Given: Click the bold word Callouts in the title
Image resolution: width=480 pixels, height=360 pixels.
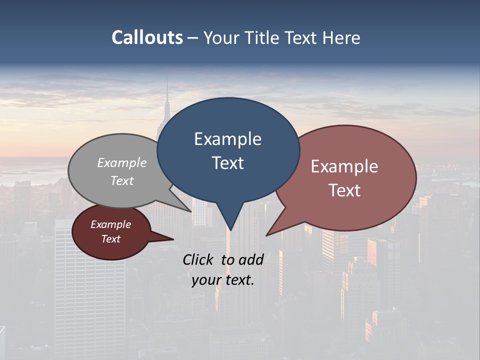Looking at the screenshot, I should [147, 37].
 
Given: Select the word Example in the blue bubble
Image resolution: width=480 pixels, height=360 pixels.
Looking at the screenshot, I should [227, 139].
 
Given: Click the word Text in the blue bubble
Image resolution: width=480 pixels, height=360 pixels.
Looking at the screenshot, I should [227, 163].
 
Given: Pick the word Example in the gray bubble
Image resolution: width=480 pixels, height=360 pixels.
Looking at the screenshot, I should [122, 162].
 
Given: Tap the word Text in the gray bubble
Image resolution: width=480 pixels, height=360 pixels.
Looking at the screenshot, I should [122, 180].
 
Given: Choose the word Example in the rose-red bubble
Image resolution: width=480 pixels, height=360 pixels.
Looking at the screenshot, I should [344, 166].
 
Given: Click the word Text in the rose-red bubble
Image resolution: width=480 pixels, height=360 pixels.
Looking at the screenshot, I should [344, 190].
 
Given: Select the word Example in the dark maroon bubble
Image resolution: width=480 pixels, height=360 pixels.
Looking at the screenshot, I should [110, 224].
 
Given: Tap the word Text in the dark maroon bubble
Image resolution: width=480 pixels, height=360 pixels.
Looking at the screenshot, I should [110, 239].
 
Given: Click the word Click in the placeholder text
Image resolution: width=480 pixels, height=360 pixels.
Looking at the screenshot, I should [198, 259].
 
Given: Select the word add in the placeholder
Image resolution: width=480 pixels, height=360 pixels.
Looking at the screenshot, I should [251, 259].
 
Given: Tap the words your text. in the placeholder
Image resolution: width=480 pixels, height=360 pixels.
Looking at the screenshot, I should [223, 280].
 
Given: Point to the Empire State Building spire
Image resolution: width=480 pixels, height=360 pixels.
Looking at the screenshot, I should [167, 95].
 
